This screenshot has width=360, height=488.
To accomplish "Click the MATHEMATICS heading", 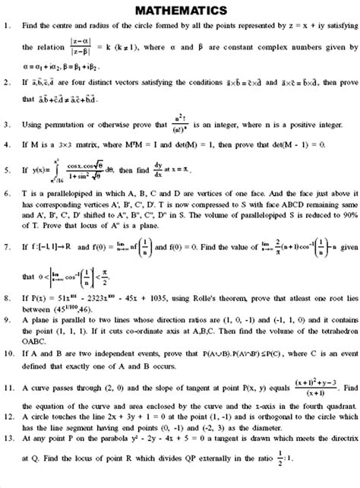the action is tap(180, 10).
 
